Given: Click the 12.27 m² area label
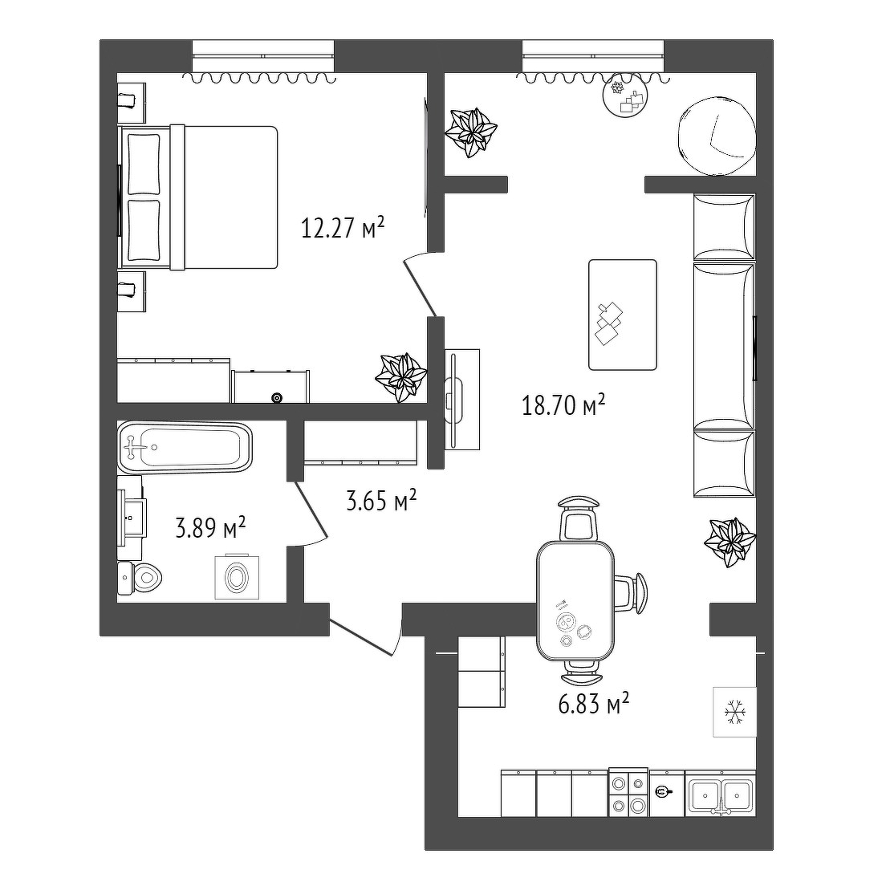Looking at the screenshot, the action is pos(343,228).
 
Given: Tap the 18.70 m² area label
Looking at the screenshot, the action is pos(563,405).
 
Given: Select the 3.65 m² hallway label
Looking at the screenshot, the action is pos(381,501).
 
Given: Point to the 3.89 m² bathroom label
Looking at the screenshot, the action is pos(210,528).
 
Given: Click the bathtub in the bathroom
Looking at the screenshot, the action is pos(185,448).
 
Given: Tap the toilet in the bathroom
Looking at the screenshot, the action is pos(140,579).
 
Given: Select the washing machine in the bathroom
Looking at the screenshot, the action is pos(237,577).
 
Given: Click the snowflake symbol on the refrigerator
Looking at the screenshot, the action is pos(734,712).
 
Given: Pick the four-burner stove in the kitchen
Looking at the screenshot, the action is pos(628,792).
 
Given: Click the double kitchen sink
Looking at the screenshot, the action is pos(721,794).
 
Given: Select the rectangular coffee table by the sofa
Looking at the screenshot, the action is pos(623,315).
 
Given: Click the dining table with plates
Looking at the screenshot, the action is pos(575,600).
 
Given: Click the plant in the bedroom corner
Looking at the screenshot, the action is pos(400,377).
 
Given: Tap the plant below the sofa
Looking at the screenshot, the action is pos(729,542).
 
